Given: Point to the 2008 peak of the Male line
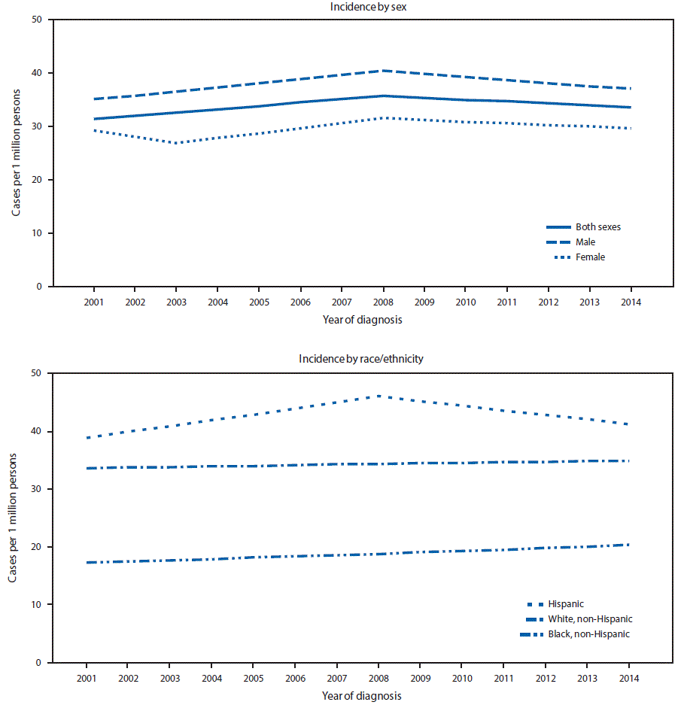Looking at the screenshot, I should pyautogui.click(x=382, y=71).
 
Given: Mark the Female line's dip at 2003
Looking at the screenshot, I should pyautogui.click(x=176, y=143).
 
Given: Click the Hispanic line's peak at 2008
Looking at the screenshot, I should pyautogui.click(x=378, y=396).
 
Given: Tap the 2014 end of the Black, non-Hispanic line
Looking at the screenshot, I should pyautogui.click(x=629, y=545).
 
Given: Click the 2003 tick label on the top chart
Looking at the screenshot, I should pyautogui.click(x=176, y=302).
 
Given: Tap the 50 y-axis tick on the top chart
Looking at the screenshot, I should pyautogui.click(x=36, y=20).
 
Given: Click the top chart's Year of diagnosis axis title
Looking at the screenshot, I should pyautogui.click(x=361, y=320).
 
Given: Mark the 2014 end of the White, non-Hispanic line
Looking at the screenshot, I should pyautogui.click(x=629, y=460).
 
